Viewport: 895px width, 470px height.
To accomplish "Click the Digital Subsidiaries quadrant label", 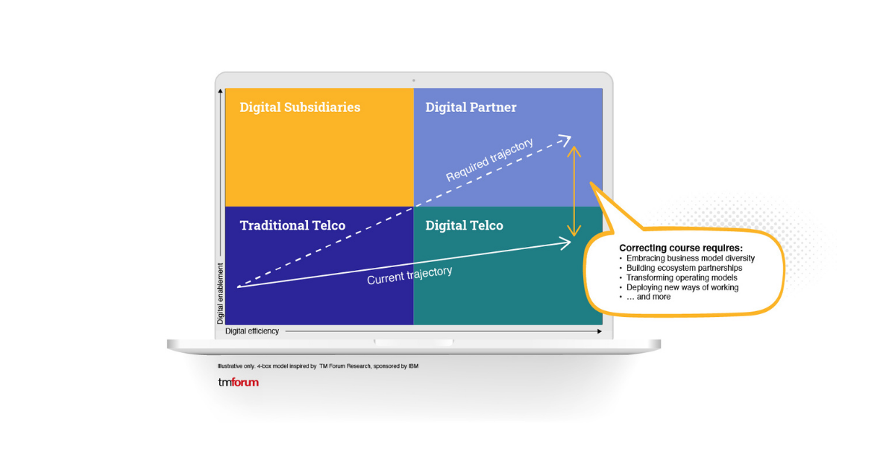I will tap(300, 107).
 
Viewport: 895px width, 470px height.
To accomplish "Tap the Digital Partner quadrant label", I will tap(471, 107).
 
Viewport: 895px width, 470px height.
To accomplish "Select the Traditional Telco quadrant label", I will tap(292, 225).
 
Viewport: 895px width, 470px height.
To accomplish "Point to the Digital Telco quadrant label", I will tap(464, 225).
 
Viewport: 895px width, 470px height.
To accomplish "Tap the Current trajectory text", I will tap(409, 275).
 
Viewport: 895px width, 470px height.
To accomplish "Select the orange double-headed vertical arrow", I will tap(574, 189).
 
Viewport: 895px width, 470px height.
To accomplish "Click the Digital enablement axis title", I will tap(221, 292).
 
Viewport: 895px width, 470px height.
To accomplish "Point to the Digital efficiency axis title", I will tap(252, 330).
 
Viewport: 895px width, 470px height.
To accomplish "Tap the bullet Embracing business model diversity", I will tap(690, 258).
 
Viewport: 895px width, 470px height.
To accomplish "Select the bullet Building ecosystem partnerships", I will tap(684, 268).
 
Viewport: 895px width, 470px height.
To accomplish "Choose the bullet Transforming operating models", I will tap(681, 278).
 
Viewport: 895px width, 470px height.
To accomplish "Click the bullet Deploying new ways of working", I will tap(682, 287).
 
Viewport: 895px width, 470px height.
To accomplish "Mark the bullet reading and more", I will tap(648, 297).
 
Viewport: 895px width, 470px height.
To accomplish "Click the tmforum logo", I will tap(238, 382).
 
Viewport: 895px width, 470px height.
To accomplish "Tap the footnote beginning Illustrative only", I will tap(317, 366).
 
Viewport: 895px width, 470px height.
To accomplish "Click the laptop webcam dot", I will tap(413, 80).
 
